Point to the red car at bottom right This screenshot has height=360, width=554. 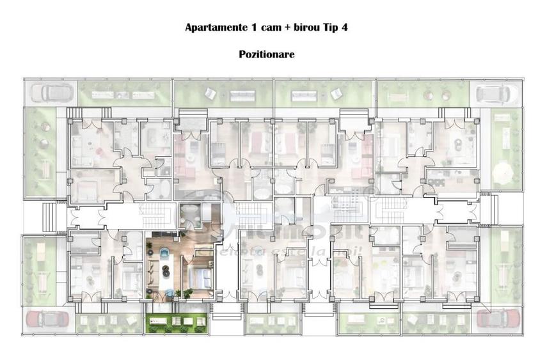pyautogui.click(x=495, y=318)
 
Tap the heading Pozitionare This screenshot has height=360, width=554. pyautogui.click(x=267, y=54)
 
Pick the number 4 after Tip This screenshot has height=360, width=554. pyautogui.click(x=345, y=27)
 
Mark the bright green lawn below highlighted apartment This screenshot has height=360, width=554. pyautogui.click(x=175, y=323)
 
